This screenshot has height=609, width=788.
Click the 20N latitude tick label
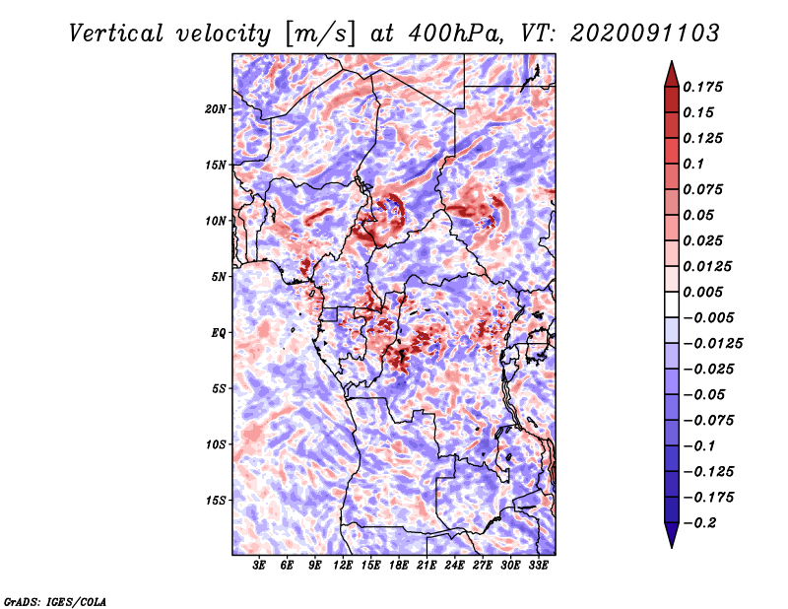coord(216,108)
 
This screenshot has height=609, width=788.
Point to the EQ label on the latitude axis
coord(219,333)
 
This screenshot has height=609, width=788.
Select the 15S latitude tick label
coord(216,501)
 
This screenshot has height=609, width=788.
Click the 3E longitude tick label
coord(260,566)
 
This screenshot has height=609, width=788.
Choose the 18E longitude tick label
coord(399,566)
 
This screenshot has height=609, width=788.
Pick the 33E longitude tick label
coord(538,566)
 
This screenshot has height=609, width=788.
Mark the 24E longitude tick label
coord(454,566)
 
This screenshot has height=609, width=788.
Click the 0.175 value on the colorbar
coord(705,87)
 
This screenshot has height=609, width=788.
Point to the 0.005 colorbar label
coord(705,292)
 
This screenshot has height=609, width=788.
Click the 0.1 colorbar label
coord(695,164)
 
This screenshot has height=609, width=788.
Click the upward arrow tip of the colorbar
coord(670,65)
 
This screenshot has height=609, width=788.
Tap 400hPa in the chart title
coord(451,33)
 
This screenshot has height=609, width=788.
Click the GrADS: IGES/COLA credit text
coord(55,600)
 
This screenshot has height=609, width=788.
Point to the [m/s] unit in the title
coord(318,33)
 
